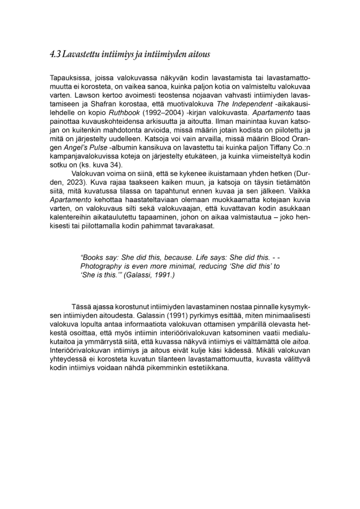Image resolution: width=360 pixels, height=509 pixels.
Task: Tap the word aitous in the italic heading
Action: pos(198,54)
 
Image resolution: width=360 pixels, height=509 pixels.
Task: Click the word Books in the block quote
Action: pos(92,258)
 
